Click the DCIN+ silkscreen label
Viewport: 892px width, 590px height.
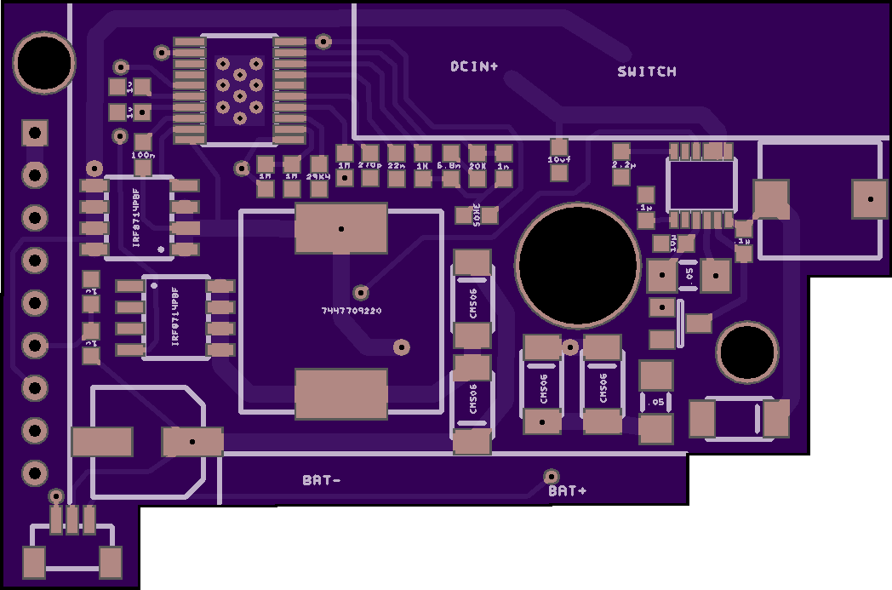coord(474,66)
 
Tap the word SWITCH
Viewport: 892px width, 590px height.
coord(647,72)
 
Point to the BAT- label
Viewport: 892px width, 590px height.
coord(322,480)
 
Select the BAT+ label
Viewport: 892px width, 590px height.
coord(568,491)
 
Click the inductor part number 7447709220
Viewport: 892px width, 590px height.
coord(352,312)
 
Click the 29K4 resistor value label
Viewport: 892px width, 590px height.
coord(318,176)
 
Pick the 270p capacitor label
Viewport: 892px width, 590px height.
coord(369,164)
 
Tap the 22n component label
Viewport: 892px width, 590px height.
coord(397,164)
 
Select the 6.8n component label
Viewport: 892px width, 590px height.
coord(449,165)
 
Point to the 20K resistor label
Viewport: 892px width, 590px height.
coord(477,166)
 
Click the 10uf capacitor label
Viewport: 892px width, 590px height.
coord(558,159)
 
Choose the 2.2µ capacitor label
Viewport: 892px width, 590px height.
coord(624,165)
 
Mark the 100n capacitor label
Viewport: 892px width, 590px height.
coord(143,155)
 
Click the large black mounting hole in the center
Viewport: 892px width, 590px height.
coord(578,264)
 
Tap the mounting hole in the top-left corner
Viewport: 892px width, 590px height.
coord(44,62)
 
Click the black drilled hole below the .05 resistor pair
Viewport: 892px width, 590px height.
coord(746,352)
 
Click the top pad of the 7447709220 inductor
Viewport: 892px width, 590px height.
coord(340,228)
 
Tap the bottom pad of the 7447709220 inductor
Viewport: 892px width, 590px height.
coord(340,393)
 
